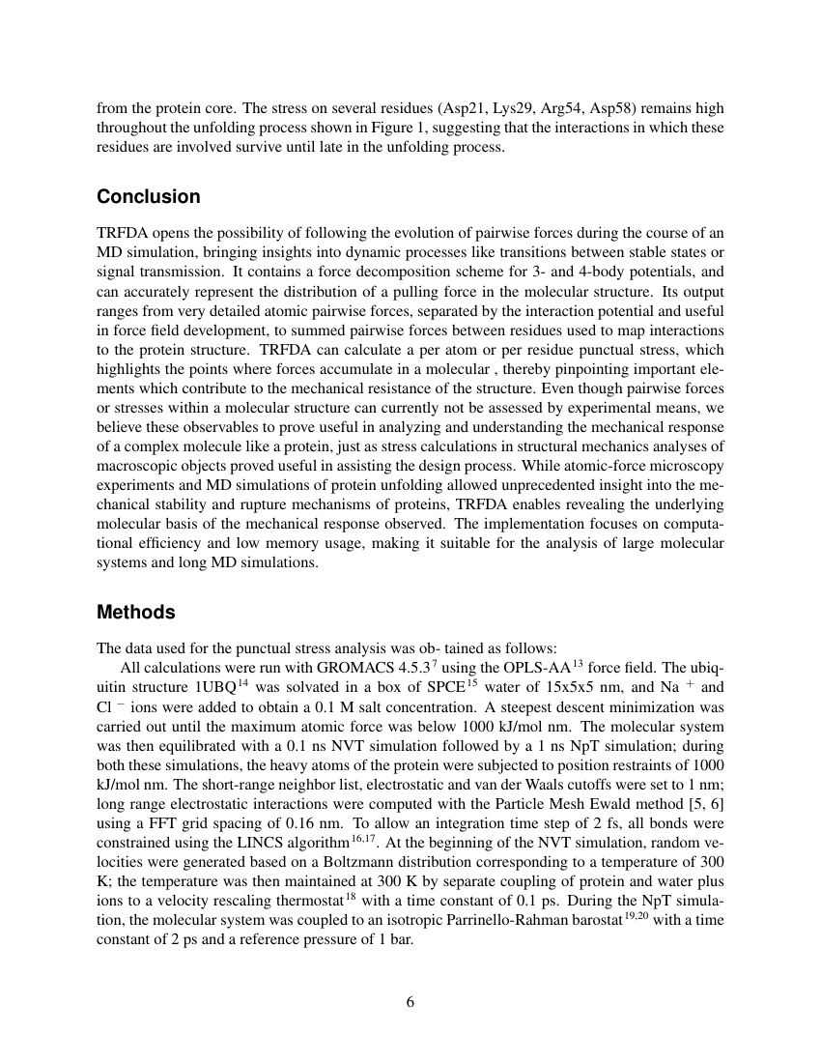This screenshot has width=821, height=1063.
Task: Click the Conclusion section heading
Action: pyautogui.click(x=149, y=197)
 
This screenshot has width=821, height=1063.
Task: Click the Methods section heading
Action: pyautogui.click(x=136, y=613)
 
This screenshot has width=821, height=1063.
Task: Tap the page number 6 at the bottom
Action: pyautogui.click(x=410, y=1001)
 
